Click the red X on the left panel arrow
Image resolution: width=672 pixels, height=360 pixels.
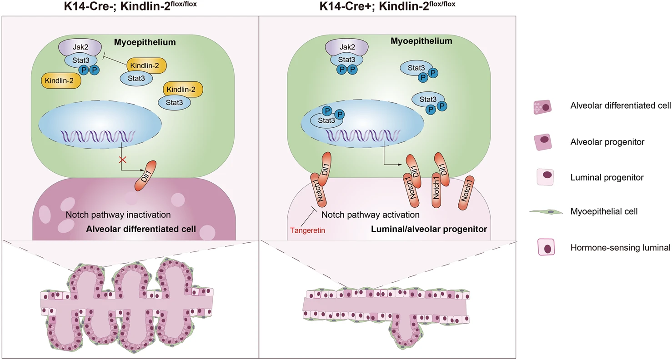(x=122, y=160)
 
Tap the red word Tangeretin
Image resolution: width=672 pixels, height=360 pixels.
(x=307, y=230)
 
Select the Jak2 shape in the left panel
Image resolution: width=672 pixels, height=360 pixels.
(x=80, y=47)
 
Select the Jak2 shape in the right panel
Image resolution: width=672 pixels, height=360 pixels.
(x=347, y=47)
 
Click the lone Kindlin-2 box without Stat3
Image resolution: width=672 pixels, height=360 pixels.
(x=61, y=80)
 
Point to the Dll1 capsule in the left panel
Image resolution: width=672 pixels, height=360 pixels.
(x=146, y=176)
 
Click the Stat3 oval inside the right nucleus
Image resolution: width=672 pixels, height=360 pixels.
(x=326, y=120)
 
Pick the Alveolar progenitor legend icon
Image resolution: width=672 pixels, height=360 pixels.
(x=543, y=142)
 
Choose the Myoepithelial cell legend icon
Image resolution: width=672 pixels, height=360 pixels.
(x=546, y=212)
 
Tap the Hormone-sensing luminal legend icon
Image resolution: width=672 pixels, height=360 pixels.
(x=546, y=247)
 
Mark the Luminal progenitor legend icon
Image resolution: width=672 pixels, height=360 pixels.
(x=545, y=177)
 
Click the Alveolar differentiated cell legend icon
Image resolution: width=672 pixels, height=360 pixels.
(x=542, y=107)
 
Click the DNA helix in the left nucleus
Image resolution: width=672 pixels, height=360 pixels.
(x=98, y=136)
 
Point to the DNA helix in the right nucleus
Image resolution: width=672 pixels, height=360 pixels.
(x=362, y=135)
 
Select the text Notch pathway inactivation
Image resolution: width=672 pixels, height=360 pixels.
(x=118, y=215)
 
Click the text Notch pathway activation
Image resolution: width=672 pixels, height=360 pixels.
(x=371, y=215)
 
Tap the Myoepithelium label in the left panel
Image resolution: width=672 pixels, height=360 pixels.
(x=145, y=42)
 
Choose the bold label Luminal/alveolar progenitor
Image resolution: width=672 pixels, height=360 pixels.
(x=429, y=229)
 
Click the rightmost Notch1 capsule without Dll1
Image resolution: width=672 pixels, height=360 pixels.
(x=466, y=193)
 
